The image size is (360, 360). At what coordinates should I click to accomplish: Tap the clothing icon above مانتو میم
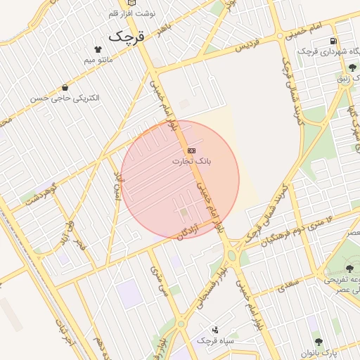(97, 50)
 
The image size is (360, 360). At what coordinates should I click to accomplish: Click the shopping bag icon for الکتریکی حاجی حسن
(65, 87)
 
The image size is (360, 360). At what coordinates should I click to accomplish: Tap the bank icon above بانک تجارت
(191, 150)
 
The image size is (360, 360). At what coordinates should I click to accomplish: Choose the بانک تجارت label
(192, 162)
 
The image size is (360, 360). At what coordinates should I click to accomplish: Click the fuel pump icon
(333, 40)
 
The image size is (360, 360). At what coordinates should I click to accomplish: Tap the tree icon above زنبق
(352, 67)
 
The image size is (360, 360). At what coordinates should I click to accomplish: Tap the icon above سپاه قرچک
(214, 329)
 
